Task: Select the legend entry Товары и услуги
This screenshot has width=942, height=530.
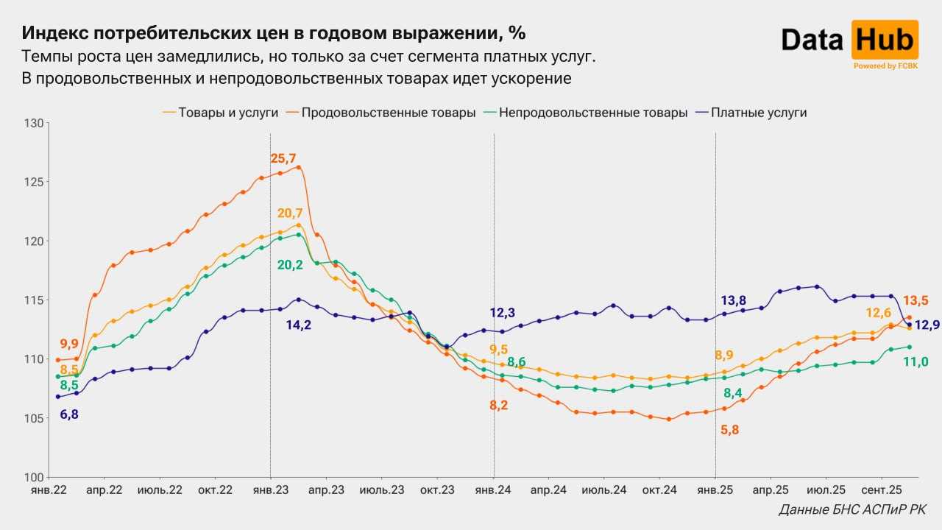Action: click(x=221, y=113)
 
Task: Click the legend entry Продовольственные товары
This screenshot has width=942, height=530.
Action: click(x=380, y=113)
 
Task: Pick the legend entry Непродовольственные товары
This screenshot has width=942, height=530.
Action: click(x=586, y=113)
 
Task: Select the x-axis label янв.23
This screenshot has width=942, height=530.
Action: click(x=271, y=490)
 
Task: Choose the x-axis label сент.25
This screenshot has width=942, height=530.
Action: click(x=881, y=490)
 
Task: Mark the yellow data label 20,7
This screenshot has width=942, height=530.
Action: click(x=290, y=213)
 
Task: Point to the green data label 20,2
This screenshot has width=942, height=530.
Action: click(x=290, y=264)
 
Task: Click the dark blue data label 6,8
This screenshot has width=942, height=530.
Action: click(x=68, y=414)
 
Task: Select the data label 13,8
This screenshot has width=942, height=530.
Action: click(x=733, y=300)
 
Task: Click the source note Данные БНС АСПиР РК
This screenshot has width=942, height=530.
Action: click(x=852, y=509)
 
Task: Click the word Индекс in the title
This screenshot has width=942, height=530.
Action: click(x=56, y=33)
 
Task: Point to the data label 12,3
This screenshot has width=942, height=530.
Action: click(x=503, y=313)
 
